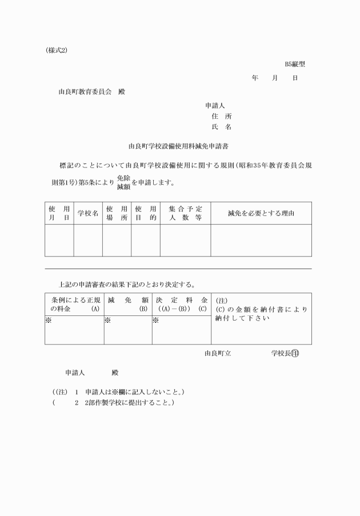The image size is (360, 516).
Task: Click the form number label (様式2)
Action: coord(57,50)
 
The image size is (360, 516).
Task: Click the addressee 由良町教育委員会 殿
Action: coord(91,91)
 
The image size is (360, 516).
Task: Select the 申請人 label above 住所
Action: coord(215,105)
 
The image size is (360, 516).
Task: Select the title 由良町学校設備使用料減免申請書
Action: coord(179,146)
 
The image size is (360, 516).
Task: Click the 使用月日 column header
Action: coord(59,213)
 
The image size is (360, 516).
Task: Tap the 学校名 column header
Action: coord(88,213)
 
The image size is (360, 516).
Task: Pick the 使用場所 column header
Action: coord(117,213)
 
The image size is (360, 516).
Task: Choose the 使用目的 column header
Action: coord(145,213)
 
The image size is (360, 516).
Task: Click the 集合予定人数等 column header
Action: coord(185,213)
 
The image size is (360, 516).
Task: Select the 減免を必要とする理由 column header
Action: coord(261,213)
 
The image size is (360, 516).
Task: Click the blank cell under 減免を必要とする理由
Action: coord(261,240)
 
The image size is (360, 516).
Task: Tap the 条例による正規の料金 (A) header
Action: coord(74,304)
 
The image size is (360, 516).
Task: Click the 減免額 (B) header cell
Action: coord(127,304)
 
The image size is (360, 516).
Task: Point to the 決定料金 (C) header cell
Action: coord(181,304)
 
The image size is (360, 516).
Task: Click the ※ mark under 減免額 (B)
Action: coord(108,320)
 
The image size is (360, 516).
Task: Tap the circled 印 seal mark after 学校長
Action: coord(295,353)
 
